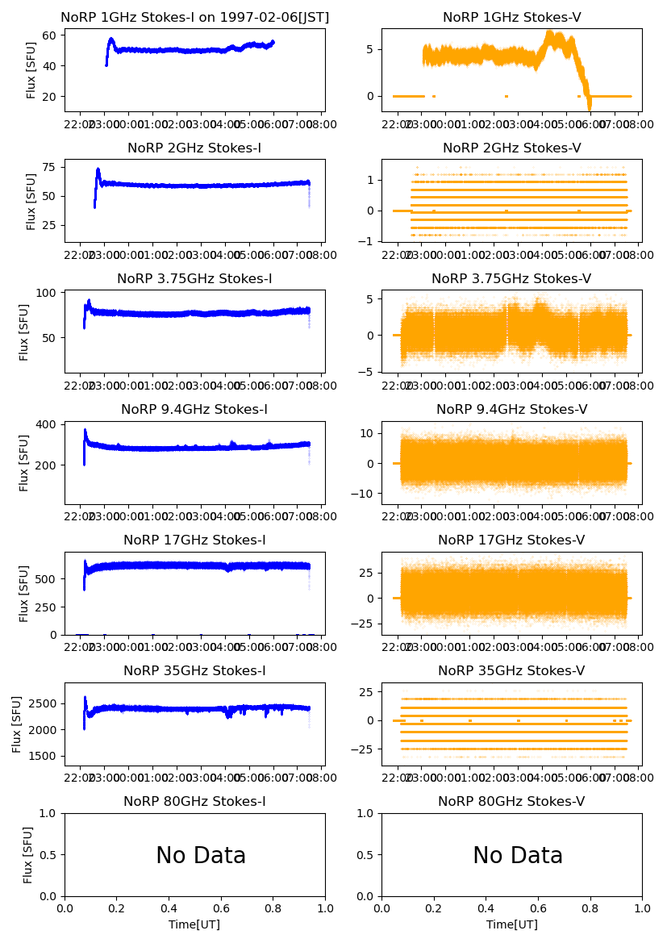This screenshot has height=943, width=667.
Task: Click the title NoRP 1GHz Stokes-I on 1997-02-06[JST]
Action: click(x=195, y=17)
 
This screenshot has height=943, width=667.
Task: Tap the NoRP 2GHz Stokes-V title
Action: click(x=512, y=148)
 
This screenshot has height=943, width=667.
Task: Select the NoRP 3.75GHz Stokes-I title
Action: click(x=195, y=278)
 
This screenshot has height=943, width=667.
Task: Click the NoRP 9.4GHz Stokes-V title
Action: click(x=512, y=409)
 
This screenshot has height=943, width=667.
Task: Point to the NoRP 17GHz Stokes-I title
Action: click(x=195, y=540)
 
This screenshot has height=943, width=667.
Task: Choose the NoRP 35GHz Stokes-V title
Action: click(x=512, y=670)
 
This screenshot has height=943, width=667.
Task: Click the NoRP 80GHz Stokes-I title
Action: click(x=195, y=801)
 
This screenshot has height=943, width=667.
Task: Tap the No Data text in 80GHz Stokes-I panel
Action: click(x=201, y=855)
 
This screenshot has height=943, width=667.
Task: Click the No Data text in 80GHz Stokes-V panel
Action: click(x=518, y=855)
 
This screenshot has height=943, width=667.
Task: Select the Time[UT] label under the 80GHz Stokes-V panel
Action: click(x=512, y=924)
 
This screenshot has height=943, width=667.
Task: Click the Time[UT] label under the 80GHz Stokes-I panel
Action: click(x=195, y=924)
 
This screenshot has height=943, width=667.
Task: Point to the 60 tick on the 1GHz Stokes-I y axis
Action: click(x=50, y=35)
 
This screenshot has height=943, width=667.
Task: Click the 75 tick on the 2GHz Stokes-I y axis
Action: click(x=50, y=168)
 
